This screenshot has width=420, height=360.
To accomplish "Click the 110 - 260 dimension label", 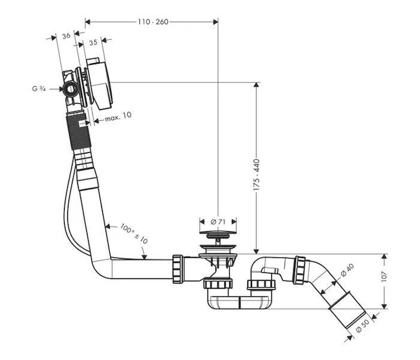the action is (x=153, y=22).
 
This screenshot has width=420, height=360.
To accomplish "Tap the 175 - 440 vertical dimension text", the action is (x=257, y=175).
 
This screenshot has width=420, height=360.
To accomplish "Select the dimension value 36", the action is (x=66, y=35).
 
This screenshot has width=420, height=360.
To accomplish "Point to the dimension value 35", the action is (x=93, y=43).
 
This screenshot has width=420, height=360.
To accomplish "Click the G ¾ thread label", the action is (x=39, y=89).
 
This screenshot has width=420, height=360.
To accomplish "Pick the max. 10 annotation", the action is (x=118, y=116).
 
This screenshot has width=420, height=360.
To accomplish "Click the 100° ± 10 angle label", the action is (x=134, y=233).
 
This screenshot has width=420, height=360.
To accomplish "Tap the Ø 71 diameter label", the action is (x=218, y=222).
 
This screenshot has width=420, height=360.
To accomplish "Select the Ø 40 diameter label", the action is (x=347, y=270).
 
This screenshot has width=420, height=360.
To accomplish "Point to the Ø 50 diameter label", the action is (x=362, y=326).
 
